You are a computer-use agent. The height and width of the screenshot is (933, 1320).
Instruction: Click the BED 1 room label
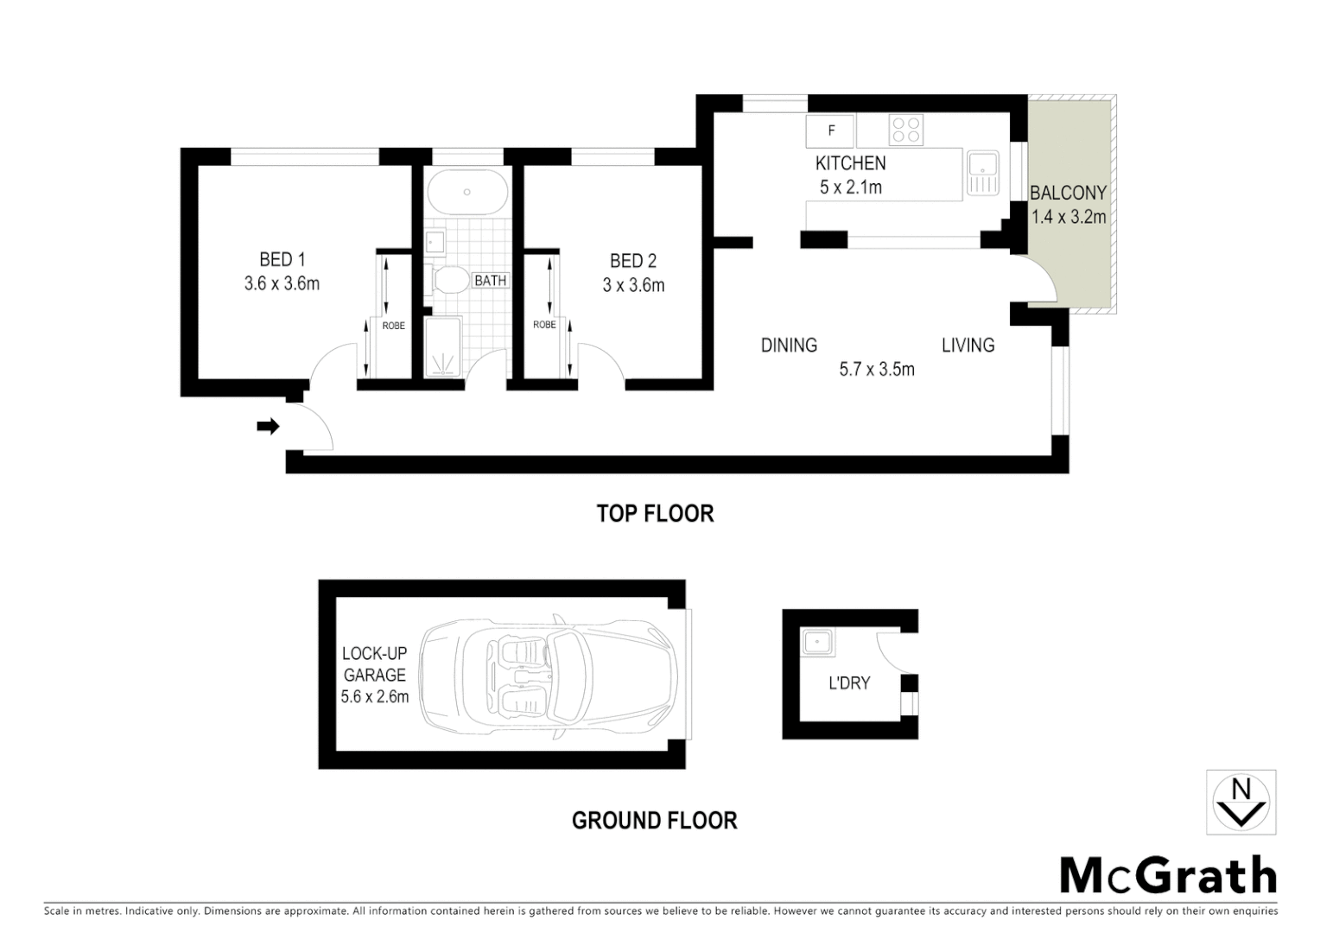tap(282, 259)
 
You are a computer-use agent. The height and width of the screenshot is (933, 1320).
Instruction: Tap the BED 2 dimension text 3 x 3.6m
tap(633, 285)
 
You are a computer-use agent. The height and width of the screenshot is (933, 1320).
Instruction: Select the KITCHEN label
tap(850, 163)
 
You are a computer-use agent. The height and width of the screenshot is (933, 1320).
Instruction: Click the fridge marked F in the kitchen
tap(831, 131)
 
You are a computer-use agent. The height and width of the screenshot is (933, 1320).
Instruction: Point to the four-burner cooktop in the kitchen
tap(905, 130)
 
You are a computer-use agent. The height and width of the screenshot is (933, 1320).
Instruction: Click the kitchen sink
tap(982, 173)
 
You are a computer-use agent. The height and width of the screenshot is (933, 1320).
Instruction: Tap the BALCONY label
tap(1068, 193)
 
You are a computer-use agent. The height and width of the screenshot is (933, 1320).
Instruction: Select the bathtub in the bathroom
tap(466, 192)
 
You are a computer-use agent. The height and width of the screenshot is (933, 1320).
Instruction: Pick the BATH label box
tap(490, 280)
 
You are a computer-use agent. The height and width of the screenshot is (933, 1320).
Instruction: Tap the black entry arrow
tap(269, 426)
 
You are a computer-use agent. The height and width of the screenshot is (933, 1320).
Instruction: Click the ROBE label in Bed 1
tap(393, 326)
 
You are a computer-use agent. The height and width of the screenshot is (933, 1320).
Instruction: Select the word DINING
tap(789, 346)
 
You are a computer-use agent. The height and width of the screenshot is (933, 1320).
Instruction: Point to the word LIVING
tap(968, 346)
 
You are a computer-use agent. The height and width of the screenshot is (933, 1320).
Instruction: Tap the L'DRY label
tap(848, 683)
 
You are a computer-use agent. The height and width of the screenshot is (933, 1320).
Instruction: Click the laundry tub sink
tap(816, 642)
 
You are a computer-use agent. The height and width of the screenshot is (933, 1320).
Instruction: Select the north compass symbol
tap(1241, 802)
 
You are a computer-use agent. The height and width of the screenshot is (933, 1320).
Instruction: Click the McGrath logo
tap(1167, 877)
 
